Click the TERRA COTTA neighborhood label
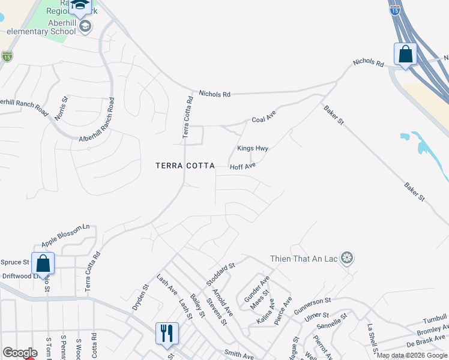pos(184,166)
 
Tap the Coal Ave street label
pos(263,119)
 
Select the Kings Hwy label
pos(252,148)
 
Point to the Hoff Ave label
pos(243,166)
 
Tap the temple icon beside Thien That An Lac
pos(346,259)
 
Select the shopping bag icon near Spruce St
pos(43,263)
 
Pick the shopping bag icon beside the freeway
pos(405,54)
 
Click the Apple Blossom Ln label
pos(65,236)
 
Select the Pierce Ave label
pos(283,310)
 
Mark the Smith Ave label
pos(239,355)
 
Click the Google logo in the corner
pos(19,353)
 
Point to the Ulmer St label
pos(316,316)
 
